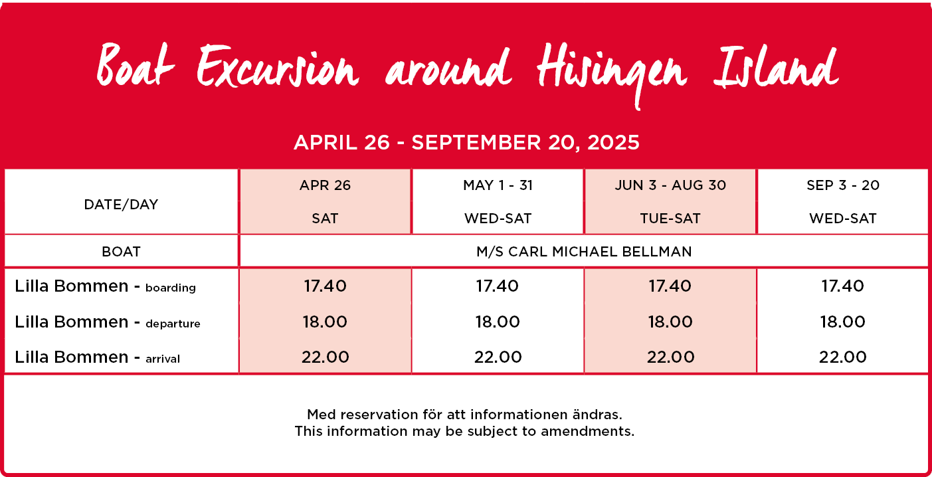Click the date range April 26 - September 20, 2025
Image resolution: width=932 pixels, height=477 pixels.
pos(466,143)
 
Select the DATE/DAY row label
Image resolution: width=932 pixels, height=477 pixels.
pos(121,205)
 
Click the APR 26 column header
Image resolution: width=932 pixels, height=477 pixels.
pos(325,185)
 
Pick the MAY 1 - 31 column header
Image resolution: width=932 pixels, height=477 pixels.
pos(498,185)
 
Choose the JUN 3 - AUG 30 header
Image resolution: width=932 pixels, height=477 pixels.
pos(670,185)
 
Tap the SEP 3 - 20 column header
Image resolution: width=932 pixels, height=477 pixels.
pos(843,185)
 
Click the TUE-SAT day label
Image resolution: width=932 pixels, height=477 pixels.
pos(670,219)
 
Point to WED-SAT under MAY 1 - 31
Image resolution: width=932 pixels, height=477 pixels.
pos(498,219)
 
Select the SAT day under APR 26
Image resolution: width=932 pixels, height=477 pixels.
pos(325,219)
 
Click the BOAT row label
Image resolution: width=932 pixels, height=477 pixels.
pos(121,252)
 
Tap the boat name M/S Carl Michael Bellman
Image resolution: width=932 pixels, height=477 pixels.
pos(584,252)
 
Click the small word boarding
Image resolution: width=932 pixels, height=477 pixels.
pos(171,288)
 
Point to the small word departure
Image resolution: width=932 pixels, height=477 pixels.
pos(173,324)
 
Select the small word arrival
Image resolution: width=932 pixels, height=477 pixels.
pos(163,359)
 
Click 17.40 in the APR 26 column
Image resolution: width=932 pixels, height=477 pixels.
pos(325,286)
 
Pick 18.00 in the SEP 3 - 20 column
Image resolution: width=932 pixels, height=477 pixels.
pos(843,322)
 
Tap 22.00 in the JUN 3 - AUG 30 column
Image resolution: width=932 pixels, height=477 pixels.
pos(670,357)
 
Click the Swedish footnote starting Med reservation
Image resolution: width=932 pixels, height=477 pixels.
pos(465,415)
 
